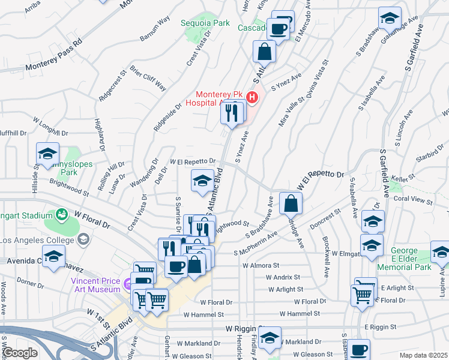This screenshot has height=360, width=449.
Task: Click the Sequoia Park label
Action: [x=205, y=23]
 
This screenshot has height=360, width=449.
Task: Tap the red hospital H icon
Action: [x=253, y=97]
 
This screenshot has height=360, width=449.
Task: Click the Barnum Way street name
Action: [x=152, y=30]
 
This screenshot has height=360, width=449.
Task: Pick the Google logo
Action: [x=20, y=353]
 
